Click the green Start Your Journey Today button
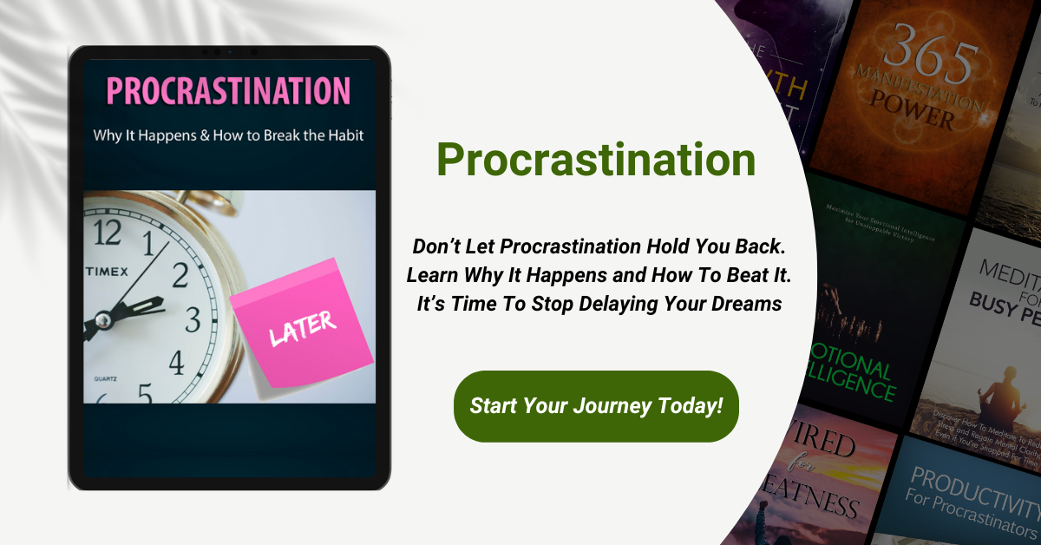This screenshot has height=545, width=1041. pyautogui.click(x=596, y=406)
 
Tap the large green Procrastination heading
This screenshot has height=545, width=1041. pyautogui.click(x=595, y=160)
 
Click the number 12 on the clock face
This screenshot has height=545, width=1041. pyautogui.click(x=108, y=232)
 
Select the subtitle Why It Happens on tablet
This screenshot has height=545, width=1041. pyautogui.click(x=228, y=136)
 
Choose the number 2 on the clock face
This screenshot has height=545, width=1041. pyautogui.click(x=181, y=275)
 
